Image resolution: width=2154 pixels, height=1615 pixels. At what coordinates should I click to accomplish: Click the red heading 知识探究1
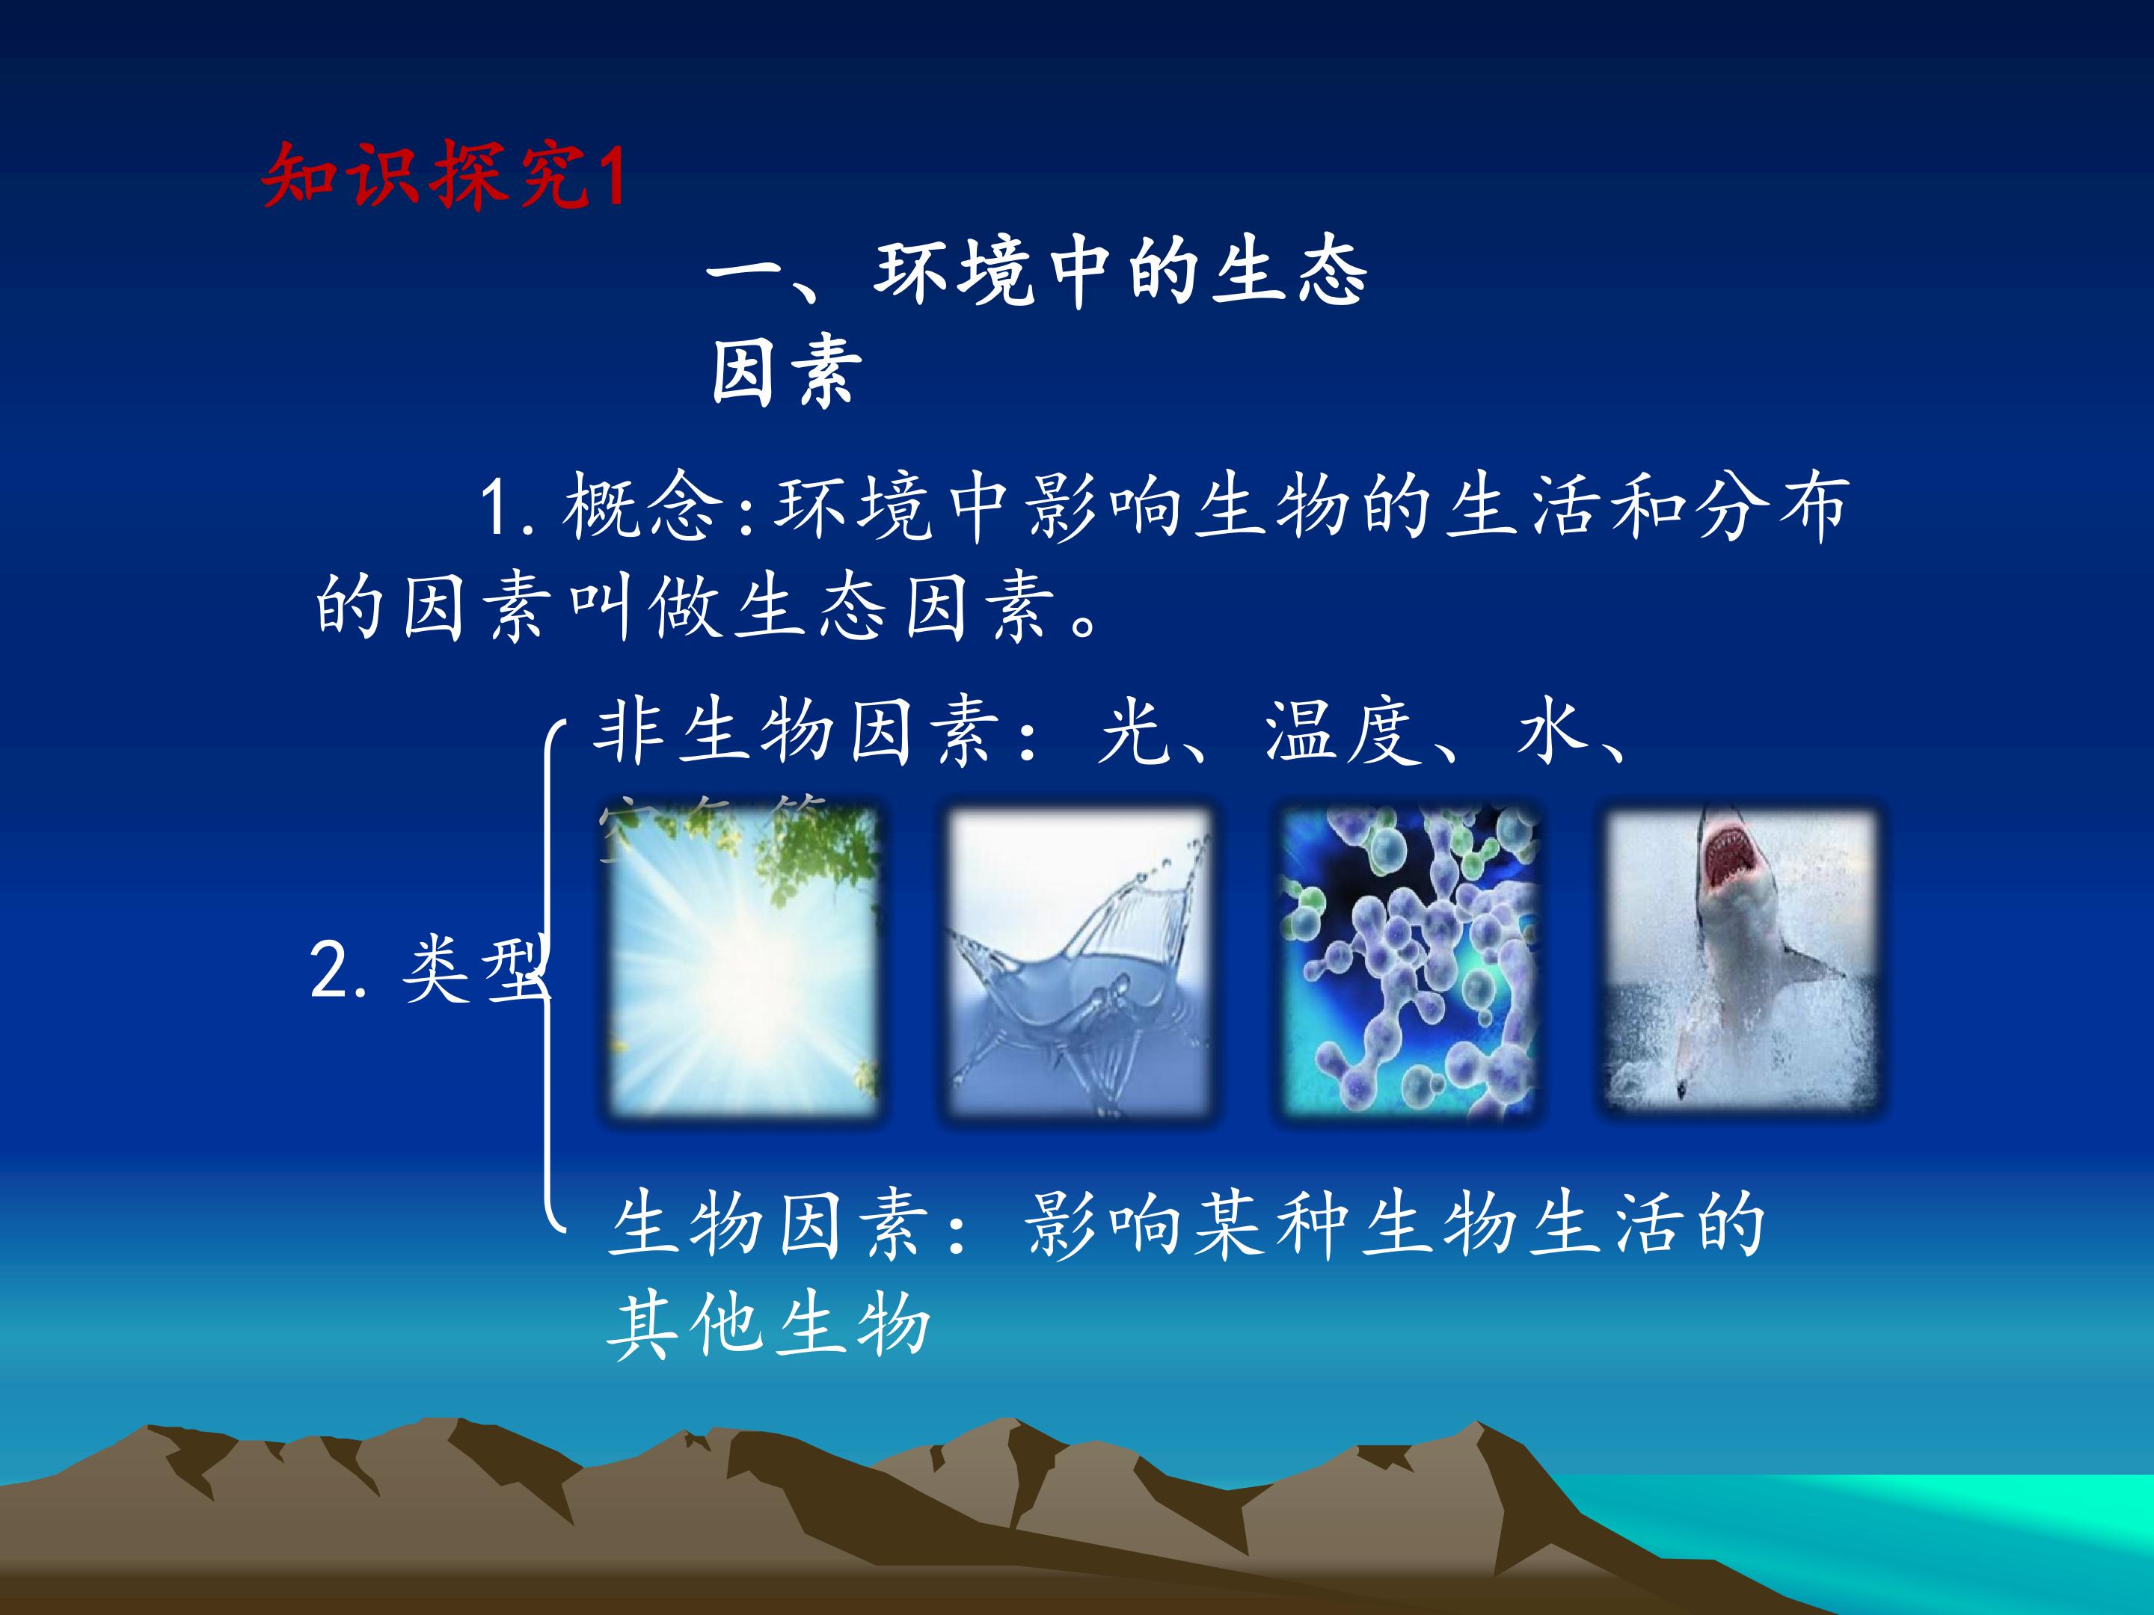(443, 175)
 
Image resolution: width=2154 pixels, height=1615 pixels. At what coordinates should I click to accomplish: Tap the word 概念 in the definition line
(642, 507)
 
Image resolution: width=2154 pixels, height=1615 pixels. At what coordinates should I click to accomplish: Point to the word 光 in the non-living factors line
(1132, 732)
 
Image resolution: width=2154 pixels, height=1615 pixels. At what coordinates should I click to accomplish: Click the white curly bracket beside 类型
(548, 973)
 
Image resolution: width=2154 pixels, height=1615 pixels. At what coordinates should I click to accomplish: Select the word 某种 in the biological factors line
(1273, 1225)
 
